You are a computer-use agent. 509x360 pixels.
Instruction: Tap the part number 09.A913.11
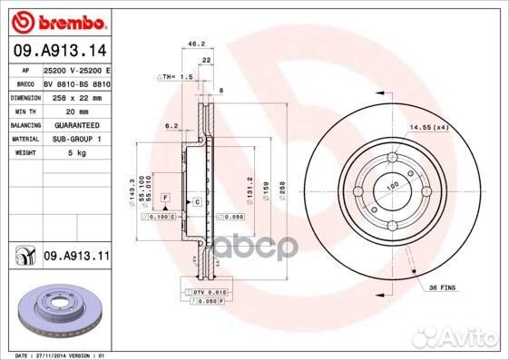[75, 258]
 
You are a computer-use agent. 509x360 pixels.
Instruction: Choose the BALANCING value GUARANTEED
[76, 124]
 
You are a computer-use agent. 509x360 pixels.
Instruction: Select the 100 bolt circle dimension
[393, 186]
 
